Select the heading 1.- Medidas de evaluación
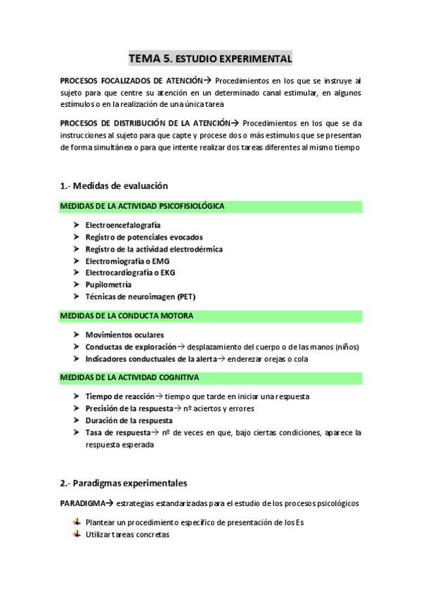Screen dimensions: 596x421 point(114,186)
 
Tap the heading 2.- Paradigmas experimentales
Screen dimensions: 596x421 point(124,483)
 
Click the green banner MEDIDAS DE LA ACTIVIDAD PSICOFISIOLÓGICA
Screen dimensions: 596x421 point(211,207)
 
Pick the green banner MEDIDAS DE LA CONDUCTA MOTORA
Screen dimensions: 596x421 point(211,316)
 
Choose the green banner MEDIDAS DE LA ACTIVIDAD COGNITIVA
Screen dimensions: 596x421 point(211,377)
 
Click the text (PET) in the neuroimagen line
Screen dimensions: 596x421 point(189,297)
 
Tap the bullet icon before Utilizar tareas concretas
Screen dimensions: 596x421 point(76,535)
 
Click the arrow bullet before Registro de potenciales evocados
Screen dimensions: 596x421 point(76,237)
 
